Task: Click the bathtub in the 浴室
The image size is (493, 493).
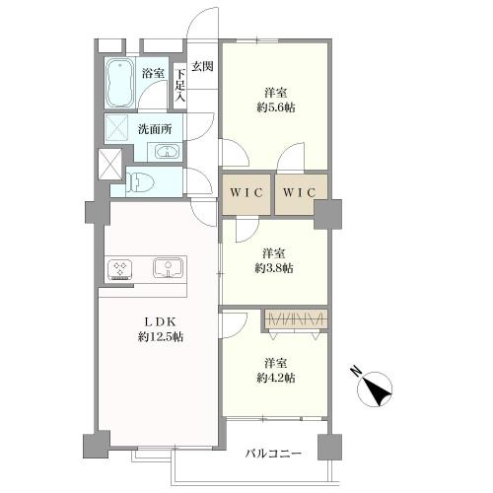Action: [120, 82]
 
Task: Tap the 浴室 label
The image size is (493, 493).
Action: [153, 73]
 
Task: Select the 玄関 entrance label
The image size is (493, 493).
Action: [203, 66]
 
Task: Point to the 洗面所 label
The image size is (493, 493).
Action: [155, 128]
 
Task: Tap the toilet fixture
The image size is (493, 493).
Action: [138, 181]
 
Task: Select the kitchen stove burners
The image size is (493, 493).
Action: [121, 269]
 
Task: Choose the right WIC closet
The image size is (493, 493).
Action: [301, 192]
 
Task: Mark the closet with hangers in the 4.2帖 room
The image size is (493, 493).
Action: [295, 319]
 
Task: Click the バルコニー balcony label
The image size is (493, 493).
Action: [273, 454]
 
